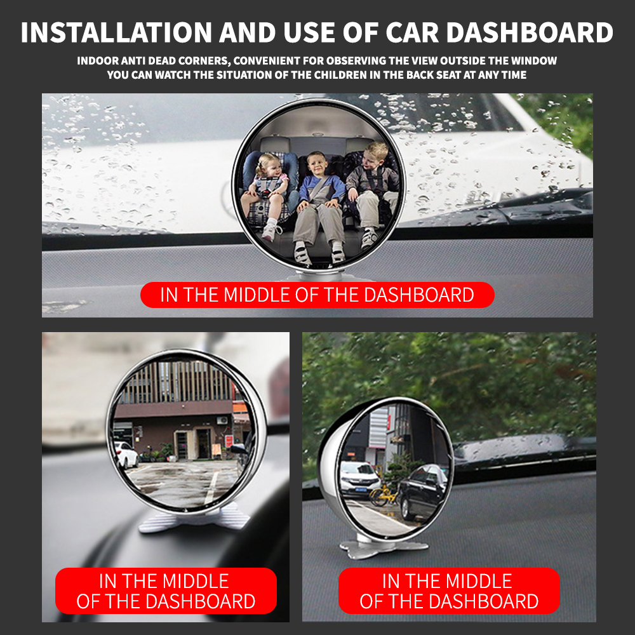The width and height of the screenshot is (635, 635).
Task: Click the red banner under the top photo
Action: (317, 295)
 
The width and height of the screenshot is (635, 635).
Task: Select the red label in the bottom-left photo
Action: (166, 591)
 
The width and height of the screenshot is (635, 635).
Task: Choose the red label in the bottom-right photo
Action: (449, 591)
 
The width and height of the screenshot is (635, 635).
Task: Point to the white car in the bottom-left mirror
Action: (126, 455)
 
